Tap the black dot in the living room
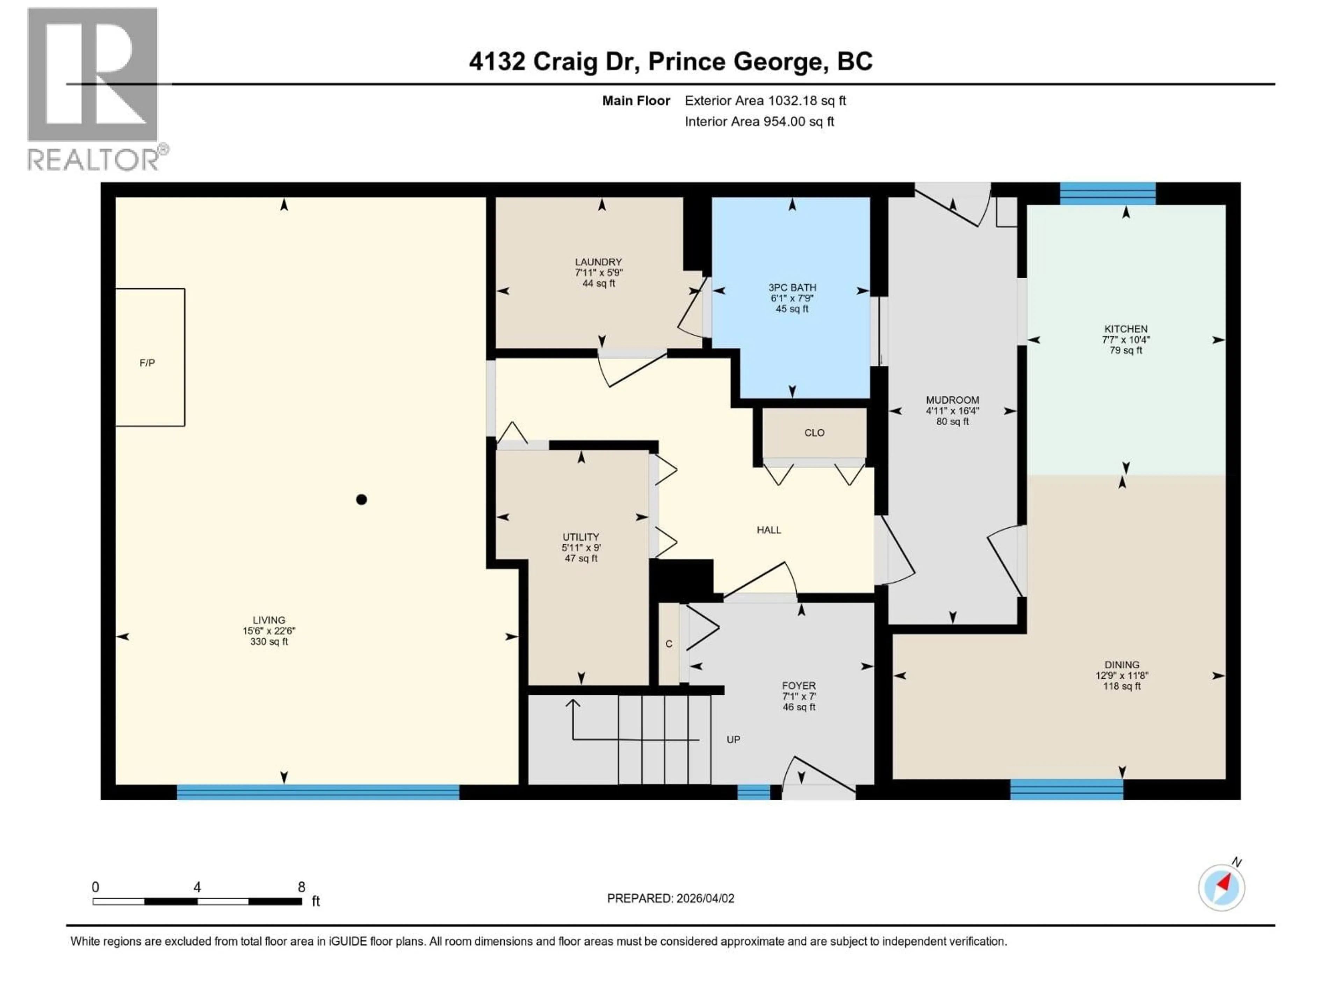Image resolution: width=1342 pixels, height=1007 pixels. (362, 500)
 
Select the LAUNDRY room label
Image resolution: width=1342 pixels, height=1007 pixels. (598, 262)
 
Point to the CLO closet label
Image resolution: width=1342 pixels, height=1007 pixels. (814, 433)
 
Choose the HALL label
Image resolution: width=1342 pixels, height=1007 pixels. (768, 530)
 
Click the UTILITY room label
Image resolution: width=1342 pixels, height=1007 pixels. (580, 537)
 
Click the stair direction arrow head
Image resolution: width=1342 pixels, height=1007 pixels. (573, 704)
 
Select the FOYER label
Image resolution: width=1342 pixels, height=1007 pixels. (799, 686)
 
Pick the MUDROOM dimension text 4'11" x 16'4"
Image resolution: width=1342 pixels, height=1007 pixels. (952, 411)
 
